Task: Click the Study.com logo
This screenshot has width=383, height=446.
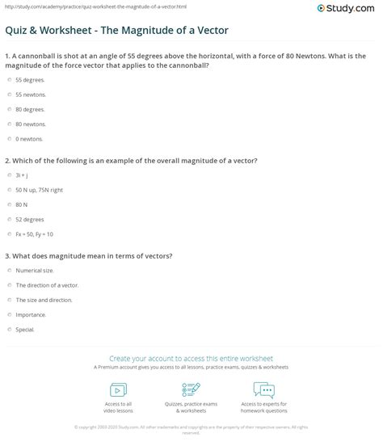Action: (x=349, y=9)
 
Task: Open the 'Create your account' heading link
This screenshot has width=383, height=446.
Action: (x=191, y=357)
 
